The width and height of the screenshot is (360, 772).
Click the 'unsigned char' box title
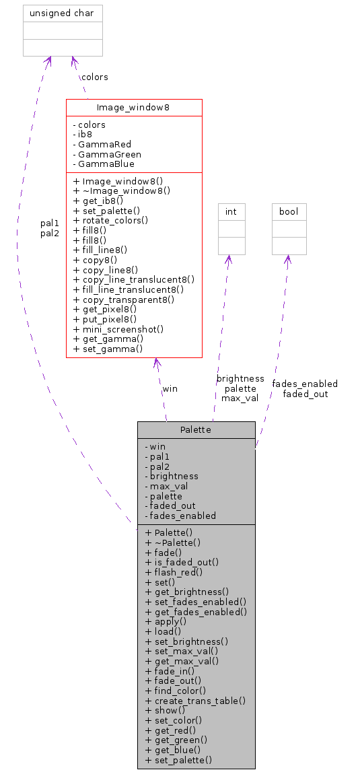(63, 13)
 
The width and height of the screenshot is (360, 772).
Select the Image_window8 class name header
(134, 107)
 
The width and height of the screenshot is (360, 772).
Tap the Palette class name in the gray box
(196, 429)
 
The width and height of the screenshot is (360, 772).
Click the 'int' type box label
(231, 211)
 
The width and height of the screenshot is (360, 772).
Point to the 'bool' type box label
(289, 211)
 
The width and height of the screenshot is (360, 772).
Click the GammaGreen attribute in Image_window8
(106, 154)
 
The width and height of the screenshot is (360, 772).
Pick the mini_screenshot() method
(118, 329)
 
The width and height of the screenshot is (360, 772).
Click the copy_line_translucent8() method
(133, 279)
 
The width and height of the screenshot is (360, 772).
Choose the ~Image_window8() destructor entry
(121, 190)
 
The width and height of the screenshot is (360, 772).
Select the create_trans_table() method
(195, 700)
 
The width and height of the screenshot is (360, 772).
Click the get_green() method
(176, 740)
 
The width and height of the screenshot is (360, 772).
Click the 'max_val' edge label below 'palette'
(240, 398)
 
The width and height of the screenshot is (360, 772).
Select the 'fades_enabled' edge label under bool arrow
(305, 384)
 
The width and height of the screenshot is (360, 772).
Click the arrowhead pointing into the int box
(229, 259)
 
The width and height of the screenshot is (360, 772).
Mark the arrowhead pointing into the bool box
(288, 259)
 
